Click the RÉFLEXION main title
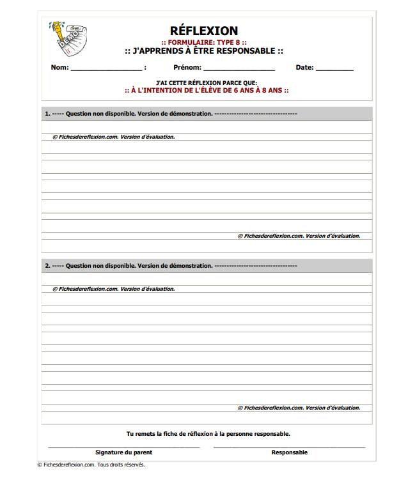coord(203,31)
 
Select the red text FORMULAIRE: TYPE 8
coord(203,42)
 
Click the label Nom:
coord(59,68)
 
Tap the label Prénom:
coord(187,68)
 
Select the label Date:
coord(304,68)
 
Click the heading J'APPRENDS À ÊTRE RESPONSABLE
coord(203,51)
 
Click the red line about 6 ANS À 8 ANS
coord(206,91)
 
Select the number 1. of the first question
coord(47,114)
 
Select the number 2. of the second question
coord(47,265)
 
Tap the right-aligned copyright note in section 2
coord(299,408)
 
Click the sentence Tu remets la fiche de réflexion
coord(208,433)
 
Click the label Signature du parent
coord(124,452)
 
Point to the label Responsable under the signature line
coord(289,452)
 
